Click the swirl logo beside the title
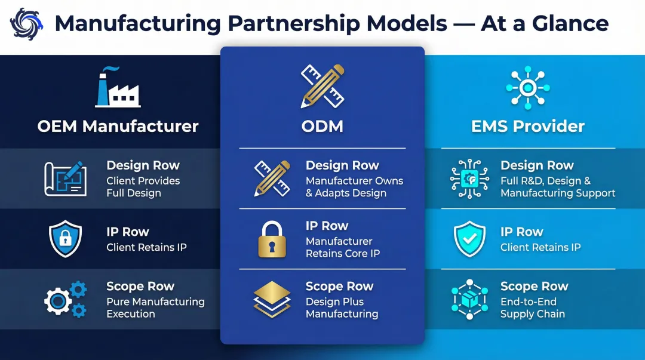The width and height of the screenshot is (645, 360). click(x=26, y=24)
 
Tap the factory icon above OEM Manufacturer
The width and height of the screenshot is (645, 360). click(x=118, y=87)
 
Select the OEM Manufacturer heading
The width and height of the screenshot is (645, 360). click(x=118, y=127)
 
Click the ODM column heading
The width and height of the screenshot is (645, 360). click(x=322, y=127)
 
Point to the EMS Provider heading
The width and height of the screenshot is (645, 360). click(x=528, y=127)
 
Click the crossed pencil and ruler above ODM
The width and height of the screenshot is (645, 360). click(x=322, y=86)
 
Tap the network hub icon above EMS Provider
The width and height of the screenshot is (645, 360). click(x=528, y=88)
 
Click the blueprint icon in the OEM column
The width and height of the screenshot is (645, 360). click(x=66, y=179)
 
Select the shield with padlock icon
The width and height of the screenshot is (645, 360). click(x=66, y=239)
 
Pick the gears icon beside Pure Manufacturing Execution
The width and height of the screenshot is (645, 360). click(x=66, y=300)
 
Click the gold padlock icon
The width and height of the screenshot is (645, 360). click(x=272, y=239)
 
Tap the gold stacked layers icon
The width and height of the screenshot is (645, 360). click(x=272, y=300)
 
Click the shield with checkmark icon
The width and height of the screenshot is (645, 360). click(x=470, y=239)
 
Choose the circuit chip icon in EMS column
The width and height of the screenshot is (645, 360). click(x=470, y=179)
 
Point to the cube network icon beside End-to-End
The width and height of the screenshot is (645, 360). click(x=470, y=300)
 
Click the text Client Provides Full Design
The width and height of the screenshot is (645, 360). click(x=143, y=187)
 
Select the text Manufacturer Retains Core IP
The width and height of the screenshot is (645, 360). click(x=343, y=247)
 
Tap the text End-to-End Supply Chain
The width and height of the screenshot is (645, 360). click(x=533, y=307)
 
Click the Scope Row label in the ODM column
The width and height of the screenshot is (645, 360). click(x=339, y=287)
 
